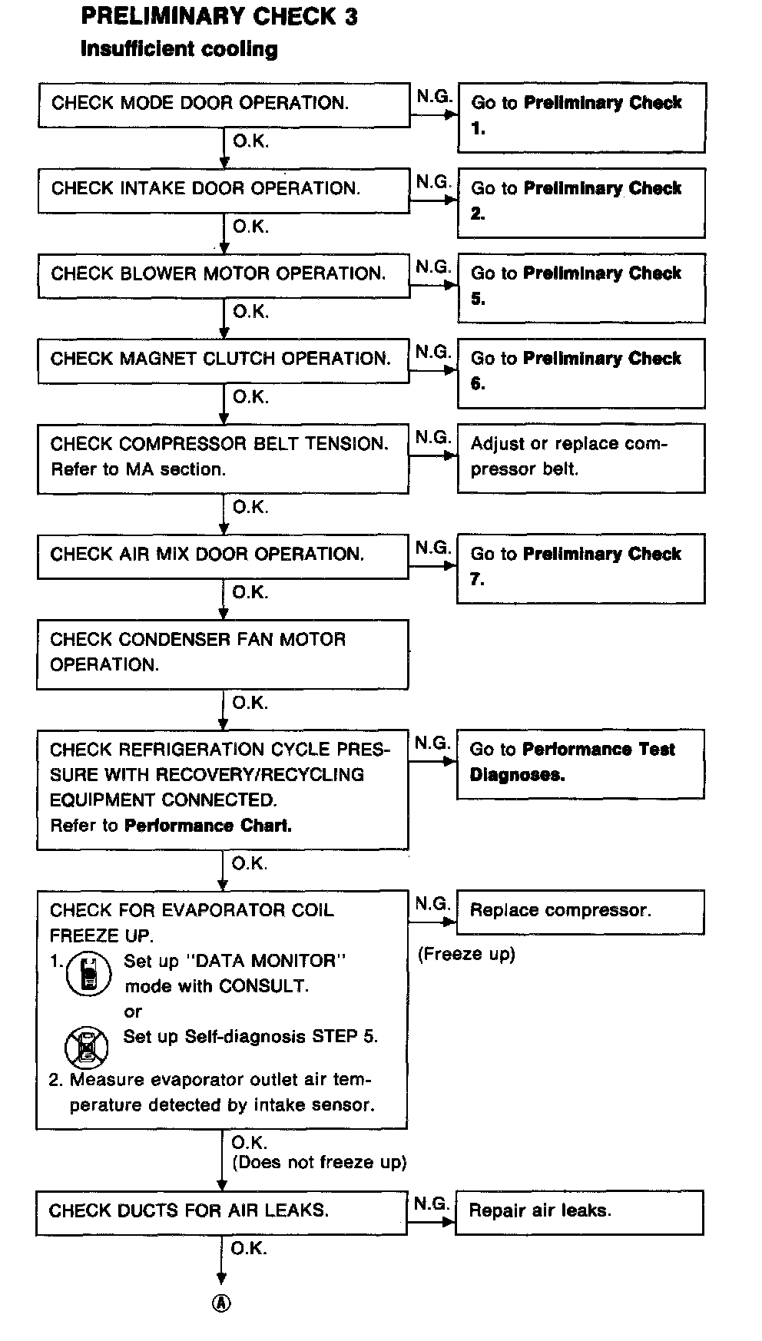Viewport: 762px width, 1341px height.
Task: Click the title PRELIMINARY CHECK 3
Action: click(x=219, y=16)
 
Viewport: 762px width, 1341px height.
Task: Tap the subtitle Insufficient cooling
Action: click(x=179, y=50)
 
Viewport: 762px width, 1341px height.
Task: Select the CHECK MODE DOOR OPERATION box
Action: click(x=224, y=104)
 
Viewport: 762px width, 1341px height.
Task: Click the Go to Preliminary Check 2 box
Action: click(x=581, y=202)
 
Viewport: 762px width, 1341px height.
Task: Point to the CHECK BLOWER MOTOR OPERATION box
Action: click(x=224, y=275)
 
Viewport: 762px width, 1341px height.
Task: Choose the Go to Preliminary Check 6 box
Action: click(x=581, y=372)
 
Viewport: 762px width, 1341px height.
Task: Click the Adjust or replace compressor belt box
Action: click(x=581, y=458)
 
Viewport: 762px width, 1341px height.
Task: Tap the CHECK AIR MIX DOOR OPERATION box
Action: click(x=223, y=555)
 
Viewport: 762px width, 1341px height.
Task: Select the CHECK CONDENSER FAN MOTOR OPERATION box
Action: click(x=222, y=654)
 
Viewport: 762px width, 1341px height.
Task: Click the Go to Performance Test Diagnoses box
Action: click(x=580, y=763)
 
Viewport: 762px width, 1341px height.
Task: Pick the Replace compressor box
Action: click(x=580, y=912)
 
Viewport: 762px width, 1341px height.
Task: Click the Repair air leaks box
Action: click(x=579, y=1212)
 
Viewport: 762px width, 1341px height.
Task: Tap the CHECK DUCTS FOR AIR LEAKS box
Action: click(x=221, y=1212)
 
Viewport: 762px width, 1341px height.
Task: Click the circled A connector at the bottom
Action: click(x=221, y=1303)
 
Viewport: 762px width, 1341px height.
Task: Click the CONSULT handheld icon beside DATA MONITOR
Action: click(x=90, y=974)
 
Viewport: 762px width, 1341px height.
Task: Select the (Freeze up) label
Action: click(x=466, y=954)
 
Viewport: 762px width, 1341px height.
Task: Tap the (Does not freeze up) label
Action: click(x=320, y=1162)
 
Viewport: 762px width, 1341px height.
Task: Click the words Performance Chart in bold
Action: click(x=208, y=826)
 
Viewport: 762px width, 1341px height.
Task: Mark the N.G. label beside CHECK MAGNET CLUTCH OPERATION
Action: click(x=433, y=352)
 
